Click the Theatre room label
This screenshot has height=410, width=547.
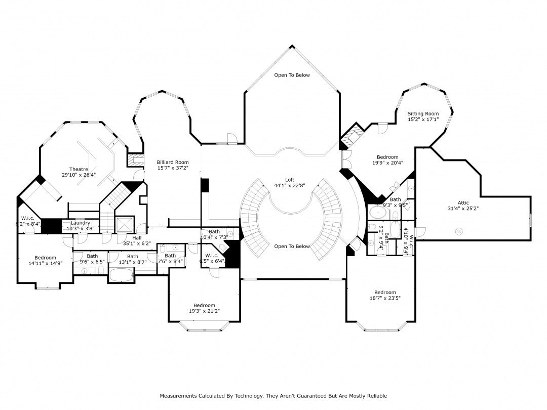(79, 169)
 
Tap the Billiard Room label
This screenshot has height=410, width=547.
(173, 162)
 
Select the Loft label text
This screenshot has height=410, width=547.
(290, 180)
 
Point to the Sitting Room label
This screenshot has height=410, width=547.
(423, 114)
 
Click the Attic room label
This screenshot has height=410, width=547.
(463, 203)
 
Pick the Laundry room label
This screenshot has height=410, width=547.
(81, 223)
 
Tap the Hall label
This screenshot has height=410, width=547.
(137, 237)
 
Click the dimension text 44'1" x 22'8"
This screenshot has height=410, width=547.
(290, 185)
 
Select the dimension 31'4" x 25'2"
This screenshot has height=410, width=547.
(463, 209)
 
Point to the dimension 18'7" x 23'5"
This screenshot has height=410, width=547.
(385, 298)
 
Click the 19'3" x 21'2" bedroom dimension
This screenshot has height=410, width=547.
(204, 311)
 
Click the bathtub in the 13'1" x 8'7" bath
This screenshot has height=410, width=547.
(122, 275)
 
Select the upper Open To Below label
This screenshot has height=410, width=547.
(292, 75)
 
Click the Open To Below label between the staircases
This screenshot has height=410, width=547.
(292, 247)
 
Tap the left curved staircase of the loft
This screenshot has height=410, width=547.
(253, 218)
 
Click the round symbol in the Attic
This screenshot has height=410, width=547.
(459, 231)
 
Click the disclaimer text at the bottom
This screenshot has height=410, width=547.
(273, 396)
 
